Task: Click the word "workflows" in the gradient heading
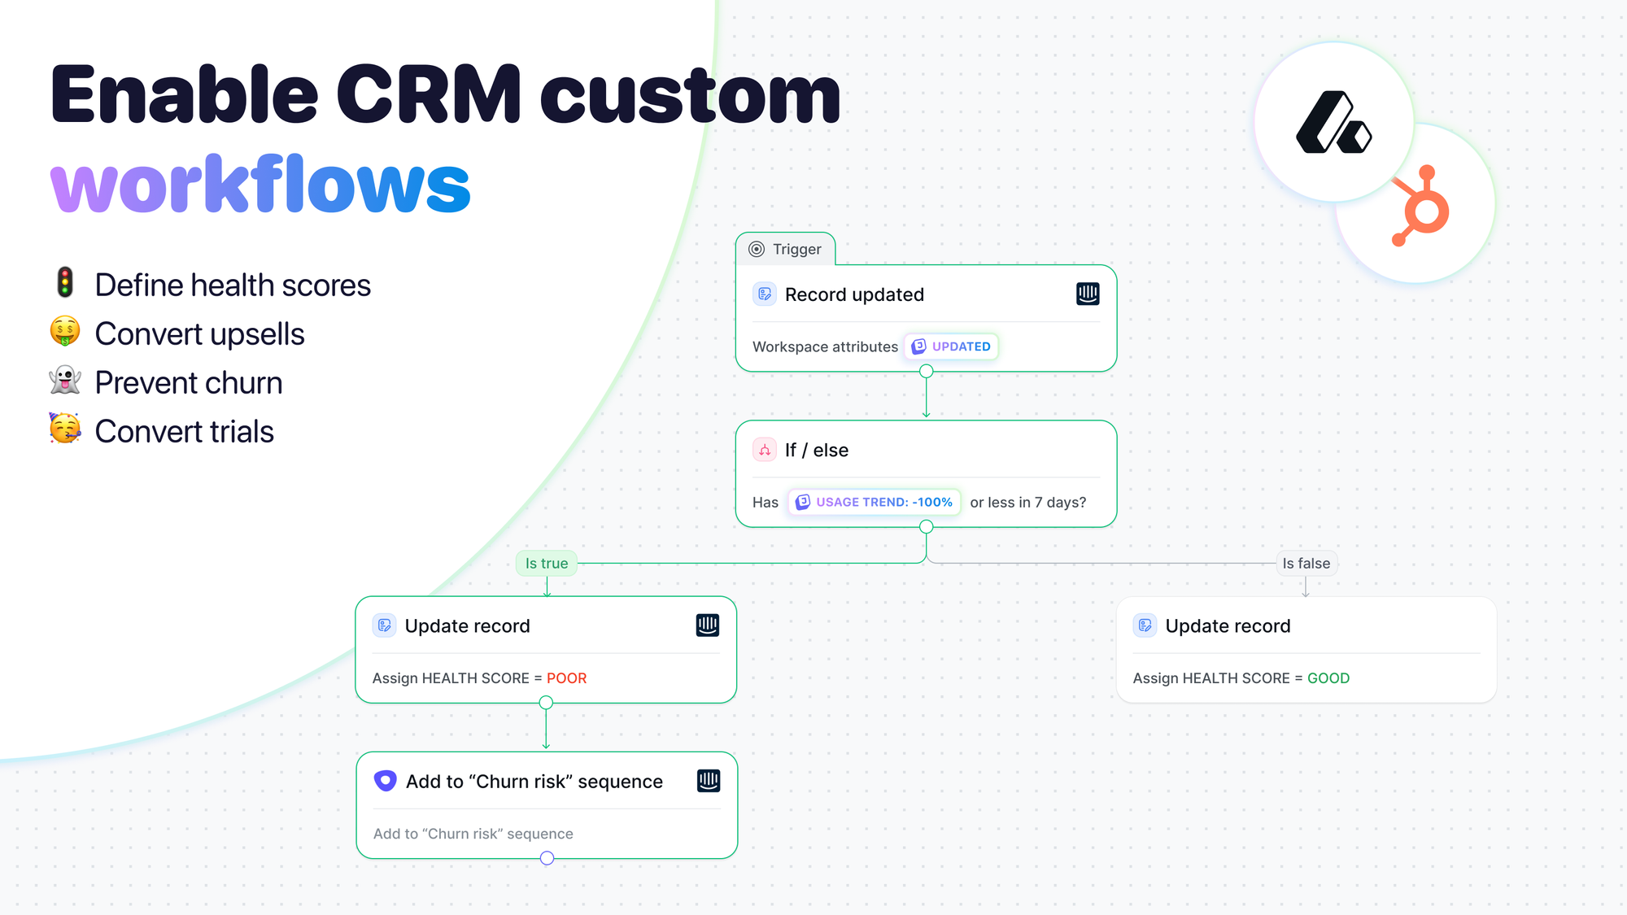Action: (x=260, y=185)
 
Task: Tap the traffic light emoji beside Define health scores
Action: (x=65, y=283)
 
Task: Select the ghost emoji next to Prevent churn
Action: (x=65, y=381)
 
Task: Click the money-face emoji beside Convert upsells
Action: (x=65, y=332)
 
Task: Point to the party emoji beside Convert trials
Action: (x=65, y=429)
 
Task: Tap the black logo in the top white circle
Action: (x=1333, y=123)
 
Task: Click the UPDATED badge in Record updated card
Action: (x=951, y=346)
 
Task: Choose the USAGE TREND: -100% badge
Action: (x=875, y=502)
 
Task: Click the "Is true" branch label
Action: (x=547, y=563)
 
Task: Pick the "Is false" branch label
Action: (x=1306, y=563)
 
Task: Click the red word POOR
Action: (x=566, y=678)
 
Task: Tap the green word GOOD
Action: (x=1328, y=678)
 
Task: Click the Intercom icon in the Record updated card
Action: (x=1088, y=294)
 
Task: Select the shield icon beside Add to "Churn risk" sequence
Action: (x=385, y=781)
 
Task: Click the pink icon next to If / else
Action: (x=765, y=450)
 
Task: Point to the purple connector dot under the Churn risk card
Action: (x=547, y=858)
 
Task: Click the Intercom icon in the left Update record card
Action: (x=708, y=625)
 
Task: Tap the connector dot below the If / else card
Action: (x=926, y=527)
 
